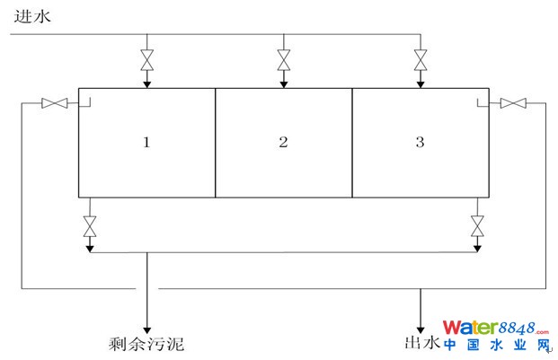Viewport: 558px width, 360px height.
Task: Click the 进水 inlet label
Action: pos(28,16)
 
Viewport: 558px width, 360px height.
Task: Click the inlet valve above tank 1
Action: pos(146,61)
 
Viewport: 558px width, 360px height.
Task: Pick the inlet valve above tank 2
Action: pos(284,61)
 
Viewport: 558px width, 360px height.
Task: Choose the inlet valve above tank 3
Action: pos(420,61)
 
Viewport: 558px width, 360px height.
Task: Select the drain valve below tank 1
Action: pos(89,226)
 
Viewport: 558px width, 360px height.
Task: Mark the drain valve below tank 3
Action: pos(477,226)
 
